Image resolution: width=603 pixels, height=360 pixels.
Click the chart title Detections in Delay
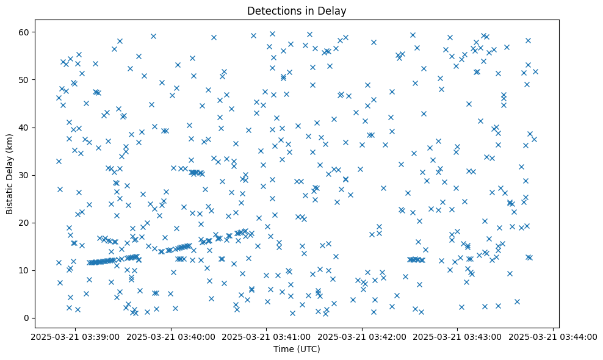click(x=297, y=11)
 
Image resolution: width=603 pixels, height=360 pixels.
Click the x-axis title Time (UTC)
click(x=297, y=350)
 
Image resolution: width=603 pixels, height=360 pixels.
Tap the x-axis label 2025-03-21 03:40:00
click(x=171, y=336)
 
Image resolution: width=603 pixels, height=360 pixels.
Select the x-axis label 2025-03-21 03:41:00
click(x=267, y=336)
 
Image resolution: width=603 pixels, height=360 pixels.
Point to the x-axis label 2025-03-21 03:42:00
click(x=362, y=336)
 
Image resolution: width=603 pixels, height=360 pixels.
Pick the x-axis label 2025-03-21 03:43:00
click(x=458, y=336)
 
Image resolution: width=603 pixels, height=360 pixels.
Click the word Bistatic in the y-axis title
click(x=10, y=196)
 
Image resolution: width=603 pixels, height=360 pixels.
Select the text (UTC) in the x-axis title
click(x=308, y=350)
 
